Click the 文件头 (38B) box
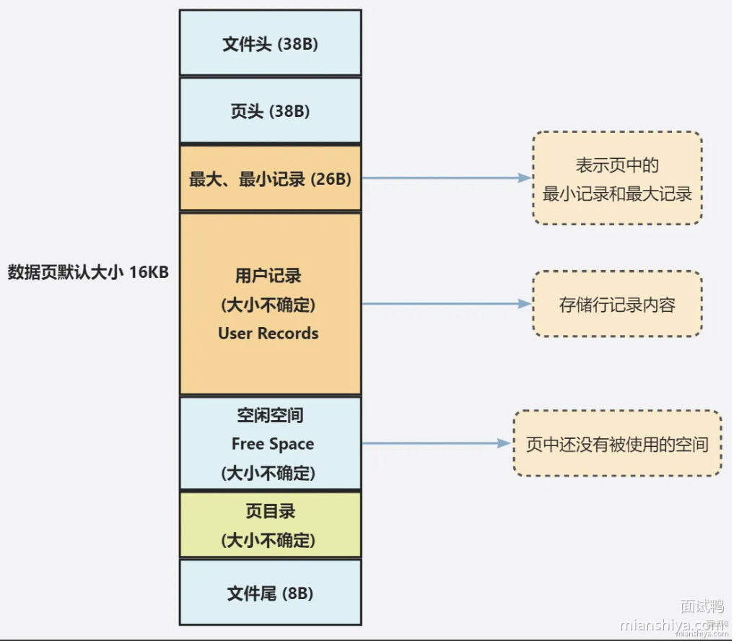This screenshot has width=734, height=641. coord(270,43)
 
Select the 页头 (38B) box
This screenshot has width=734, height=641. coord(270,111)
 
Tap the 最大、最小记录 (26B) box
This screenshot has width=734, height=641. coord(270,179)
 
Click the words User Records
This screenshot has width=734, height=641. coord(268,333)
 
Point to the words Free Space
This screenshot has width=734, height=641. coord(272,444)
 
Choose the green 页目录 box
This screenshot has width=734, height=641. coord(270,525)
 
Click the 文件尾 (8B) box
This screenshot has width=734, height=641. coord(270,593)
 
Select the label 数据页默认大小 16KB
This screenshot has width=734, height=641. coord(88,273)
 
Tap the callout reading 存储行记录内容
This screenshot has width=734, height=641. coord(617,304)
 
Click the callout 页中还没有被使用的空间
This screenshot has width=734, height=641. coord(617,444)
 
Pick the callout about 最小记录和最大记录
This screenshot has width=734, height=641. coord(617,178)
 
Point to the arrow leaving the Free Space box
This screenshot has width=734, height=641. coord(436,444)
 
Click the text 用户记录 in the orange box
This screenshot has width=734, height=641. coord(268,276)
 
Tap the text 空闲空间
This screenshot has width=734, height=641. coord(270,416)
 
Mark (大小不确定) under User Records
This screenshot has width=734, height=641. coord(268,305)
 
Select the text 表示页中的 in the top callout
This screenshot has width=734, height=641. coord(617,165)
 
